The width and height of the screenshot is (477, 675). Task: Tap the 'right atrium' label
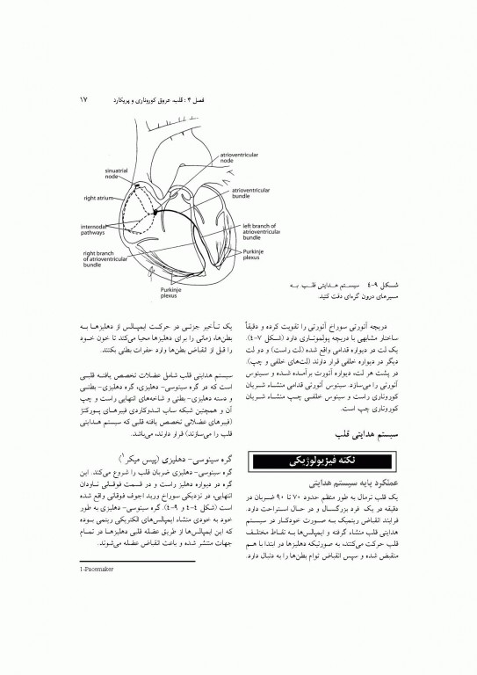coord(101,198)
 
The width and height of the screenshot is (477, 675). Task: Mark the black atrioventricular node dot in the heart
coord(155,213)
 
